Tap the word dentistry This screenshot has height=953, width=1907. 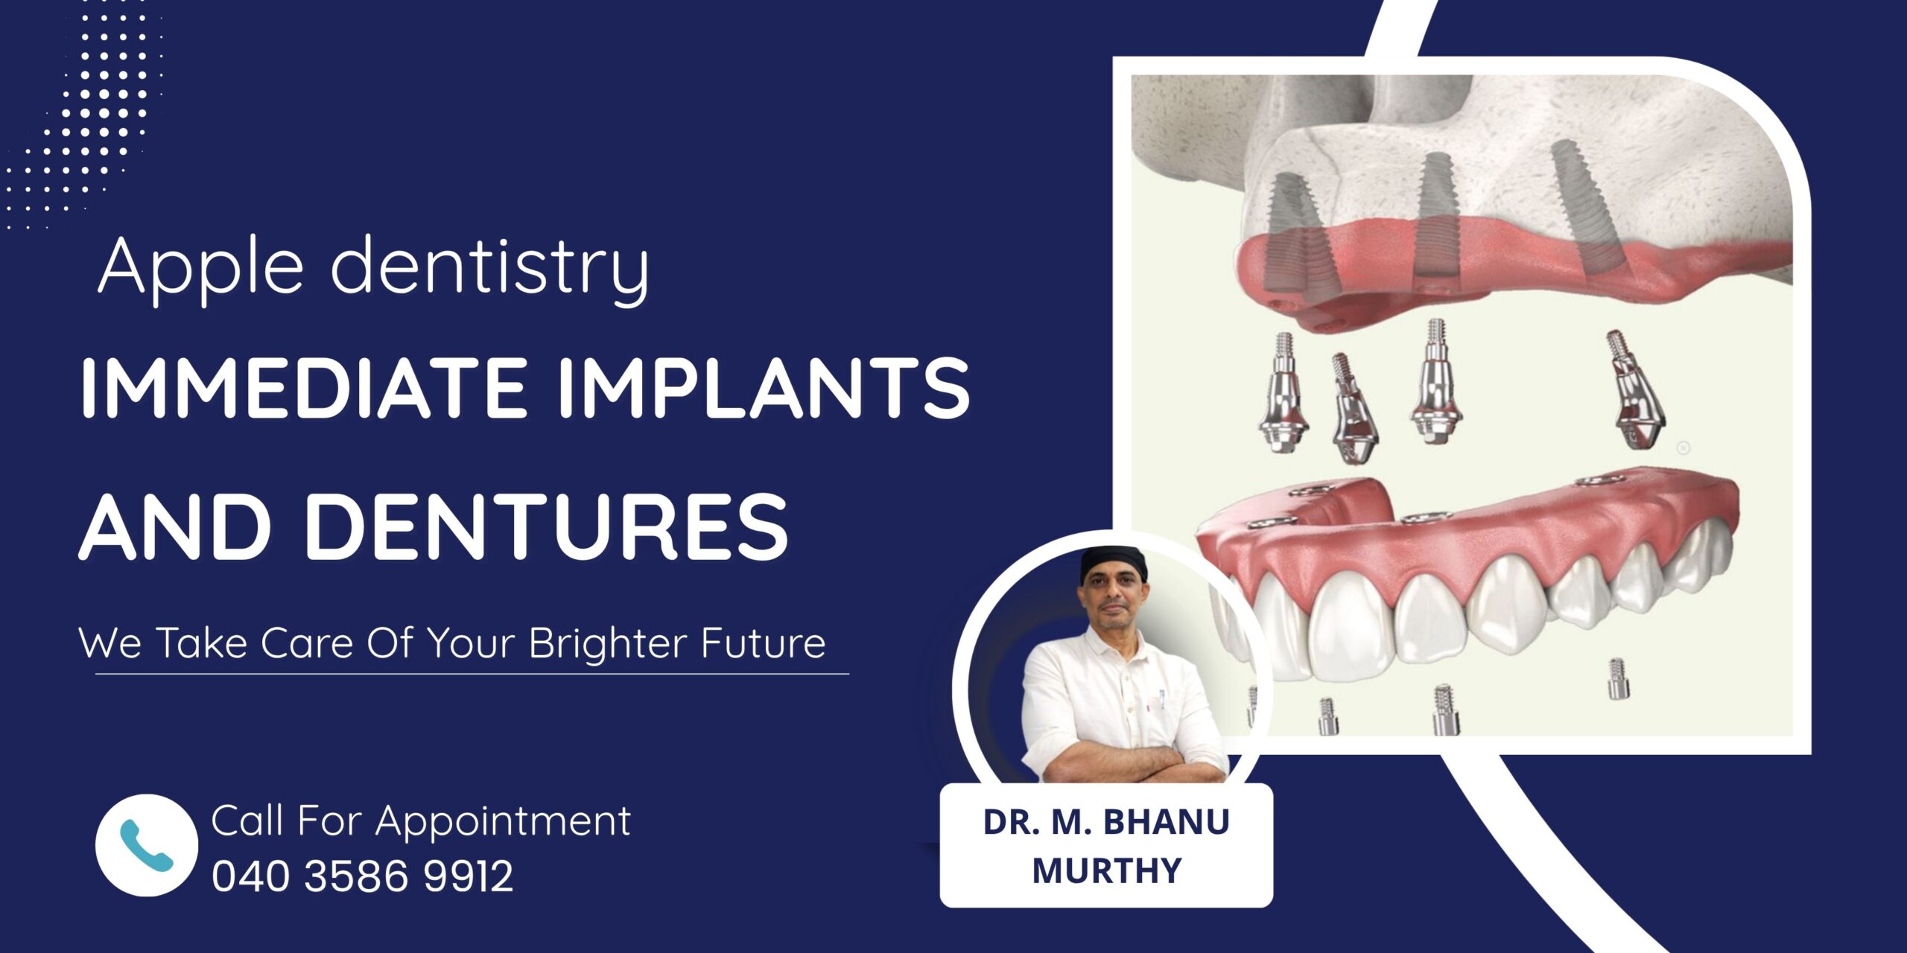coord(490,267)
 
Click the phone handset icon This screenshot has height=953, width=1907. coord(147,845)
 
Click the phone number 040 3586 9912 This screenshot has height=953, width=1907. coord(363,876)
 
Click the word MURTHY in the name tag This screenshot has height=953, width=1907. coord(1107,870)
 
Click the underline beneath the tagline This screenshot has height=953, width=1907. coord(472,674)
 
